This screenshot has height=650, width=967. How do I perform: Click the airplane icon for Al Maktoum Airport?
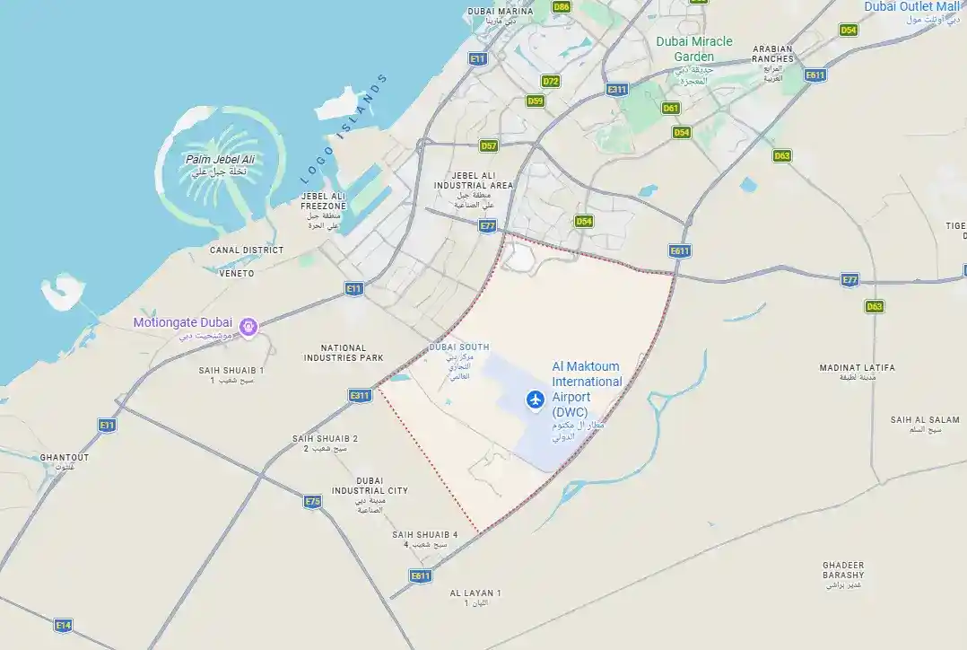(x=536, y=399)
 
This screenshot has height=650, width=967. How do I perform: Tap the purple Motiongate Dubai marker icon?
(x=249, y=325)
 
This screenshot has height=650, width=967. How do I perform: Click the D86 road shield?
(x=562, y=6)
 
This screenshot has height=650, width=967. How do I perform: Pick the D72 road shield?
(x=551, y=81)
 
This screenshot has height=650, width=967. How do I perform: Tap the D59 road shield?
(x=536, y=101)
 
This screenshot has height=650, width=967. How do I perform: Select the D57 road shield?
(x=489, y=145)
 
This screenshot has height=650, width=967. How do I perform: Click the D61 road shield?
(x=670, y=108)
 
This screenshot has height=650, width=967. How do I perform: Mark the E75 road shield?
(x=312, y=501)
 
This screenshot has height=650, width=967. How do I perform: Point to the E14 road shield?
(x=63, y=625)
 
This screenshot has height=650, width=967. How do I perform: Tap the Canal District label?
(x=247, y=250)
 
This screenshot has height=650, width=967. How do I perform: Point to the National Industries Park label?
(x=344, y=353)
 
